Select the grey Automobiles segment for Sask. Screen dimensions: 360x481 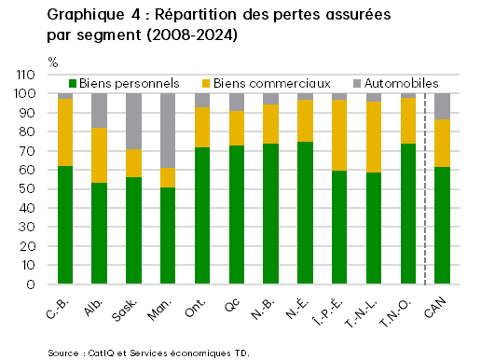[x=133, y=121]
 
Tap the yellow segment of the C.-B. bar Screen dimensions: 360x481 [x=65, y=132]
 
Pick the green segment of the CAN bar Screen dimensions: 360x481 [x=442, y=226]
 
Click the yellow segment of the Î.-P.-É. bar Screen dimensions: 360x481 [x=339, y=135]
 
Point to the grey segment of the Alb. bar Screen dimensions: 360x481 [x=99, y=110]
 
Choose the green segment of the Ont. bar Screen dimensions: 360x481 [x=202, y=215]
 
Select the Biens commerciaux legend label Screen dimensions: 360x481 [x=264, y=83]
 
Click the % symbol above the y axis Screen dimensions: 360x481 [x=52, y=62]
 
